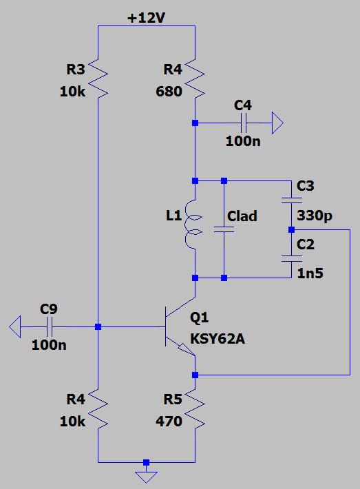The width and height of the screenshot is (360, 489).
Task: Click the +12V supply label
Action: (146, 18)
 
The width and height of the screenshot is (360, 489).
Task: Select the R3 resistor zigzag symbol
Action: (98, 79)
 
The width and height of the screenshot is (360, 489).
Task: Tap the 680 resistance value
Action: (169, 92)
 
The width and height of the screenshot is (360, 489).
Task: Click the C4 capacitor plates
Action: (244, 123)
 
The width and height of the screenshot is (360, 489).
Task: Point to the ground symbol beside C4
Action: (277, 123)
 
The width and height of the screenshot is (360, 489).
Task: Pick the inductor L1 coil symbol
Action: (193, 225)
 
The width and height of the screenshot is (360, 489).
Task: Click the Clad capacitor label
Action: (242, 216)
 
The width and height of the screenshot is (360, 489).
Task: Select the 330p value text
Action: (315, 216)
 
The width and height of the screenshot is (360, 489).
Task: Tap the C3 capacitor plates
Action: (291, 200)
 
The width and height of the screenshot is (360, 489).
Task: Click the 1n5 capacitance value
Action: (310, 273)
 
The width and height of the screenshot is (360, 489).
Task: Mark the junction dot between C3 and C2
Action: (291, 230)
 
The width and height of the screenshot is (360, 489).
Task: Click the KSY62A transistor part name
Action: (218, 339)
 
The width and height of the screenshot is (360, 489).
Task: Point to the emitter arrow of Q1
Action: (187, 350)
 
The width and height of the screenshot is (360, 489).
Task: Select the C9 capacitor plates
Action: (50, 327)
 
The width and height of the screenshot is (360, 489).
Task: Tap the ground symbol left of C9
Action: (15, 327)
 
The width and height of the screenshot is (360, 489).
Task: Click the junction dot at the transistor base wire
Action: (98, 327)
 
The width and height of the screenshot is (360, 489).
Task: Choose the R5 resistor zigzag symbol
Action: (195, 409)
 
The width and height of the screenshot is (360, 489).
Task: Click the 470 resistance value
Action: (169, 422)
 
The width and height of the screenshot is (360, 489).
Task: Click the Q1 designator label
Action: (199, 318)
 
